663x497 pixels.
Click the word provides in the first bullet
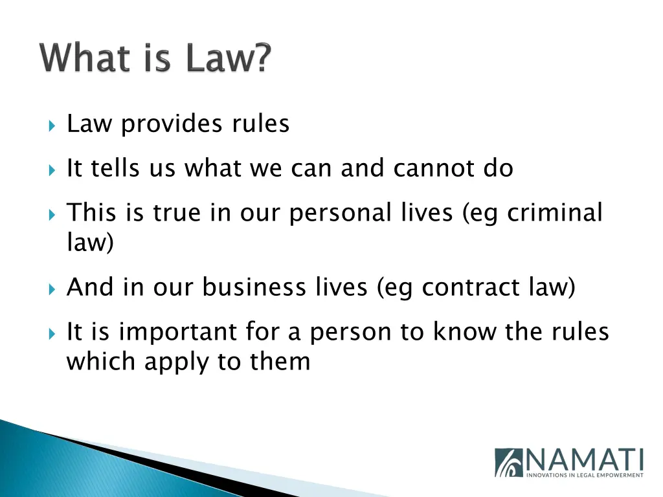click(x=164, y=124)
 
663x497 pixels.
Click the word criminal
click(x=555, y=213)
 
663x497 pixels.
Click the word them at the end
click(x=280, y=361)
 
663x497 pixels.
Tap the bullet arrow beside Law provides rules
click(x=52, y=124)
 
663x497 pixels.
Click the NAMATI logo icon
click(x=508, y=462)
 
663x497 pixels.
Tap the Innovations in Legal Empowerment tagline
click(x=584, y=475)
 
